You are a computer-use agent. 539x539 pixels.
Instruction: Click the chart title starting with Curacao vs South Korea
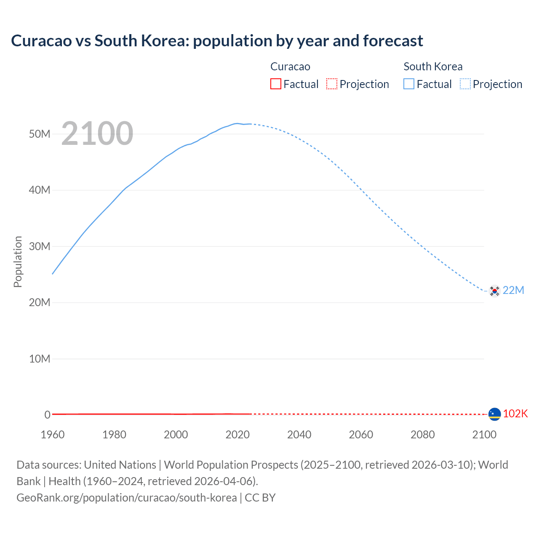click(217, 41)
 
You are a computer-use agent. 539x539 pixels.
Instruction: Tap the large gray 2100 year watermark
click(97, 133)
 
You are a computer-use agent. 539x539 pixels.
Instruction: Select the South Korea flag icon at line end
click(494, 291)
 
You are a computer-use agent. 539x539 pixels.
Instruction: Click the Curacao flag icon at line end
click(494, 414)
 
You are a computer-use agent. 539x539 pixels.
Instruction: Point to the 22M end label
click(513, 290)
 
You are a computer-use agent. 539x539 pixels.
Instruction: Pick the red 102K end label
click(515, 414)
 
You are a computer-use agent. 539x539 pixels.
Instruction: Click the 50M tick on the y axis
click(40, 134)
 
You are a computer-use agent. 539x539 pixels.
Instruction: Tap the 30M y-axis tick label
click(40, 246)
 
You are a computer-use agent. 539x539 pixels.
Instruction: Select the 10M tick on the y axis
click(40, 359)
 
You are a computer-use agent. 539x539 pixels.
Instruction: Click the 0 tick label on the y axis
click(47, 415)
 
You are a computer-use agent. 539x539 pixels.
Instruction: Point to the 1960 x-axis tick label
click(53, 435)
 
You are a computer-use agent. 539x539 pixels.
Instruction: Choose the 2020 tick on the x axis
click(237, 435)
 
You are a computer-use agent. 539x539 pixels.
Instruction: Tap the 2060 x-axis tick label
click(361, 435)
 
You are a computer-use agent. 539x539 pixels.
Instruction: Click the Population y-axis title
click(18, 261)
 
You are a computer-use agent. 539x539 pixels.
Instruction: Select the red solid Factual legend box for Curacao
click(275, 84)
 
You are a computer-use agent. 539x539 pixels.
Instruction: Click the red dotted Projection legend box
click(332, 84)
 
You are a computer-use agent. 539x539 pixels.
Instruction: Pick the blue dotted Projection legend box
click(465, 84)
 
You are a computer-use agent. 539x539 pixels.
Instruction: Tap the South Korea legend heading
click(433, 67)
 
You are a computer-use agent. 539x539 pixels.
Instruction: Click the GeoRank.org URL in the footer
click(127, 498)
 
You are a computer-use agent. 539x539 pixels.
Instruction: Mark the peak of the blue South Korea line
click(237, 123)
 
